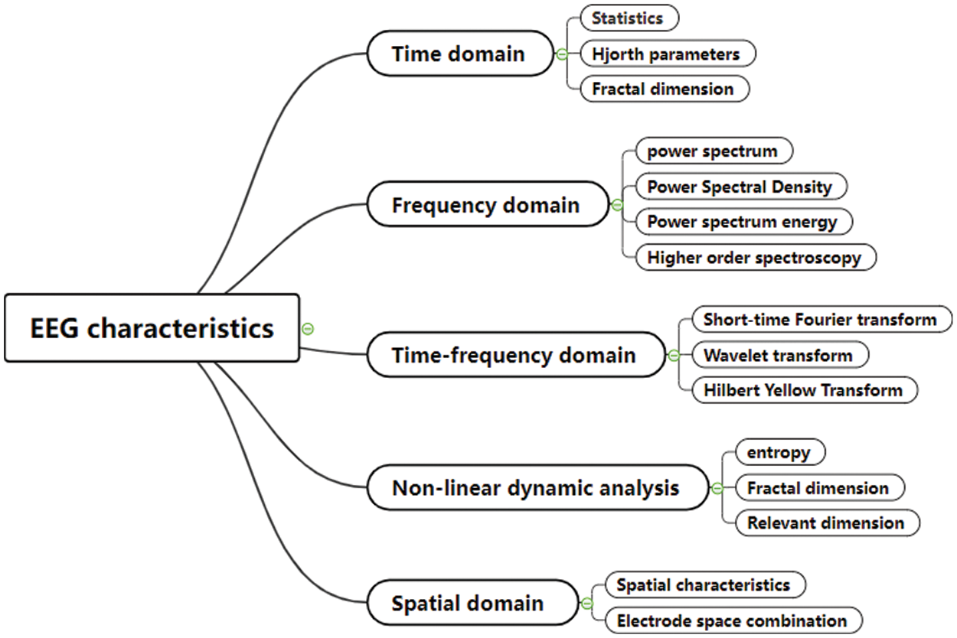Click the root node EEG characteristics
coord(151,328)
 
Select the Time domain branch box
coord(459,54)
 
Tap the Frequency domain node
coord(485,205)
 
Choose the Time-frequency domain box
coord(514,355)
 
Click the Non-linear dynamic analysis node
coord(536,487)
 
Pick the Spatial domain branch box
coord(467,603)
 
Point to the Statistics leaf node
coord(628,18)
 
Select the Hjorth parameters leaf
coord(665,54)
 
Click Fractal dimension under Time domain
coord(662,89)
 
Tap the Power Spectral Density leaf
coord(738,187)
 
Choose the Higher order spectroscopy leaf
coord(754,258)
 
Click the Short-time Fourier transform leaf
coord(820,319)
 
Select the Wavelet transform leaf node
coord(777,355)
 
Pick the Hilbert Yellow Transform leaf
coord(803,390)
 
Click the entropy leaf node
coord(779,452)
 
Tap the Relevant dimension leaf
coord(825,523)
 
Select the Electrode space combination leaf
coord(732,620)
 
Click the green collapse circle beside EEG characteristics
coord(308,329)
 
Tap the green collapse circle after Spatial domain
coord(587,604)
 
